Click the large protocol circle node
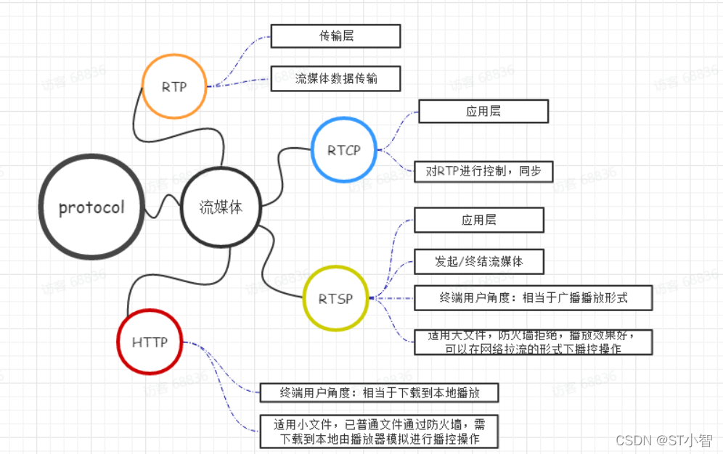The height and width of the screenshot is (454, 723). [x=91, y=207]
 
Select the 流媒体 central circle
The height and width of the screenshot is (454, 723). [x=220, y=207]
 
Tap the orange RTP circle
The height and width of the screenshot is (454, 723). [x=174, y=86]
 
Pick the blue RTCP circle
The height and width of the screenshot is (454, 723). [x=343, y=150]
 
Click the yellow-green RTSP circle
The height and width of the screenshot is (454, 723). [x=335, y=298]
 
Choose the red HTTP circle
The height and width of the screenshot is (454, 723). [x=150, y=342]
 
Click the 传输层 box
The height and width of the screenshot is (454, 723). [x=335, y=36]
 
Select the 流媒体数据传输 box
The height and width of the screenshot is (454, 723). [x=335, y=78]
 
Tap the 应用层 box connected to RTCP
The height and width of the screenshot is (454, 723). [x=483, y=111]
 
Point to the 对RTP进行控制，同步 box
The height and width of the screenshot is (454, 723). [x=483, y=171]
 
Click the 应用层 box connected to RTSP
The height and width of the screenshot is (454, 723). [x=478, y=220]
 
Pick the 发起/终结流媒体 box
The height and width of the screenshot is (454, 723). [x=478, y=261]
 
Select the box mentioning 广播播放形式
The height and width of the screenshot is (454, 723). [x=533, y=298]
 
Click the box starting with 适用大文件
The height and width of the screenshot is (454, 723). [x=533, y=342]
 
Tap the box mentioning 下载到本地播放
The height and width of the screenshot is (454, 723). [x=380, y=392]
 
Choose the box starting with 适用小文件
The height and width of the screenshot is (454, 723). [x=380, y=432]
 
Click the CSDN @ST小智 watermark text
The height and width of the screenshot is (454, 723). [x=663, y=439]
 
